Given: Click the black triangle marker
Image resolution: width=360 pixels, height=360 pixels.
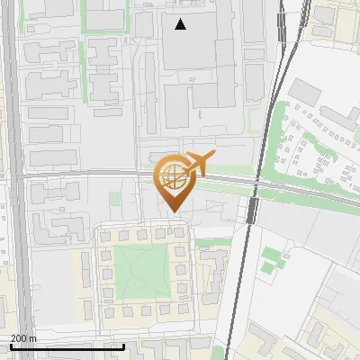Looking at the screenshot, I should (181, 24).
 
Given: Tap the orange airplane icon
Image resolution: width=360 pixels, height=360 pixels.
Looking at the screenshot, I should (199, 163).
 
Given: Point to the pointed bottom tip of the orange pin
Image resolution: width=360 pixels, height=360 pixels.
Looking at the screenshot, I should (172, 211).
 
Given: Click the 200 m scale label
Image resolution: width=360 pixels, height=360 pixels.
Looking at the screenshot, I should (23, 338).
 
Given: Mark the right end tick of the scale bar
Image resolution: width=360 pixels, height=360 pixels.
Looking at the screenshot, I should (123, 346).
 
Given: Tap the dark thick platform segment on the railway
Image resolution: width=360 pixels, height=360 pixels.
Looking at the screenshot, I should (253, 211).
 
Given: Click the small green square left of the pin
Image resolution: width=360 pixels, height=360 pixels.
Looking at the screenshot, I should (114, 197).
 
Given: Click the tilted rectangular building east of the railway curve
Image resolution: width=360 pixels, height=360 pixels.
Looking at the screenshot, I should (305, 91).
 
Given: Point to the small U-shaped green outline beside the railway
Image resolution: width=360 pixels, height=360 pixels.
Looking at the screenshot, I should (270, 261).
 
